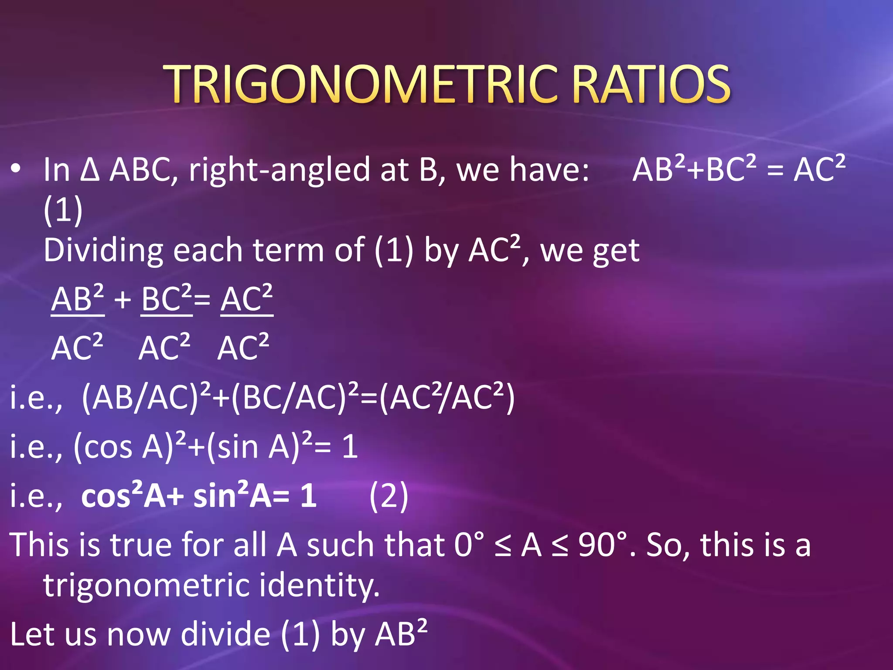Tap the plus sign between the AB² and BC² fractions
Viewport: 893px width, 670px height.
point(123,300)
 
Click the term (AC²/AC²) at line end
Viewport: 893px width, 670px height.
point(447,398)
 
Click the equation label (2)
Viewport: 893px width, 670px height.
point(389,496)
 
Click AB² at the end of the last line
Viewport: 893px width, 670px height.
point(402,633)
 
